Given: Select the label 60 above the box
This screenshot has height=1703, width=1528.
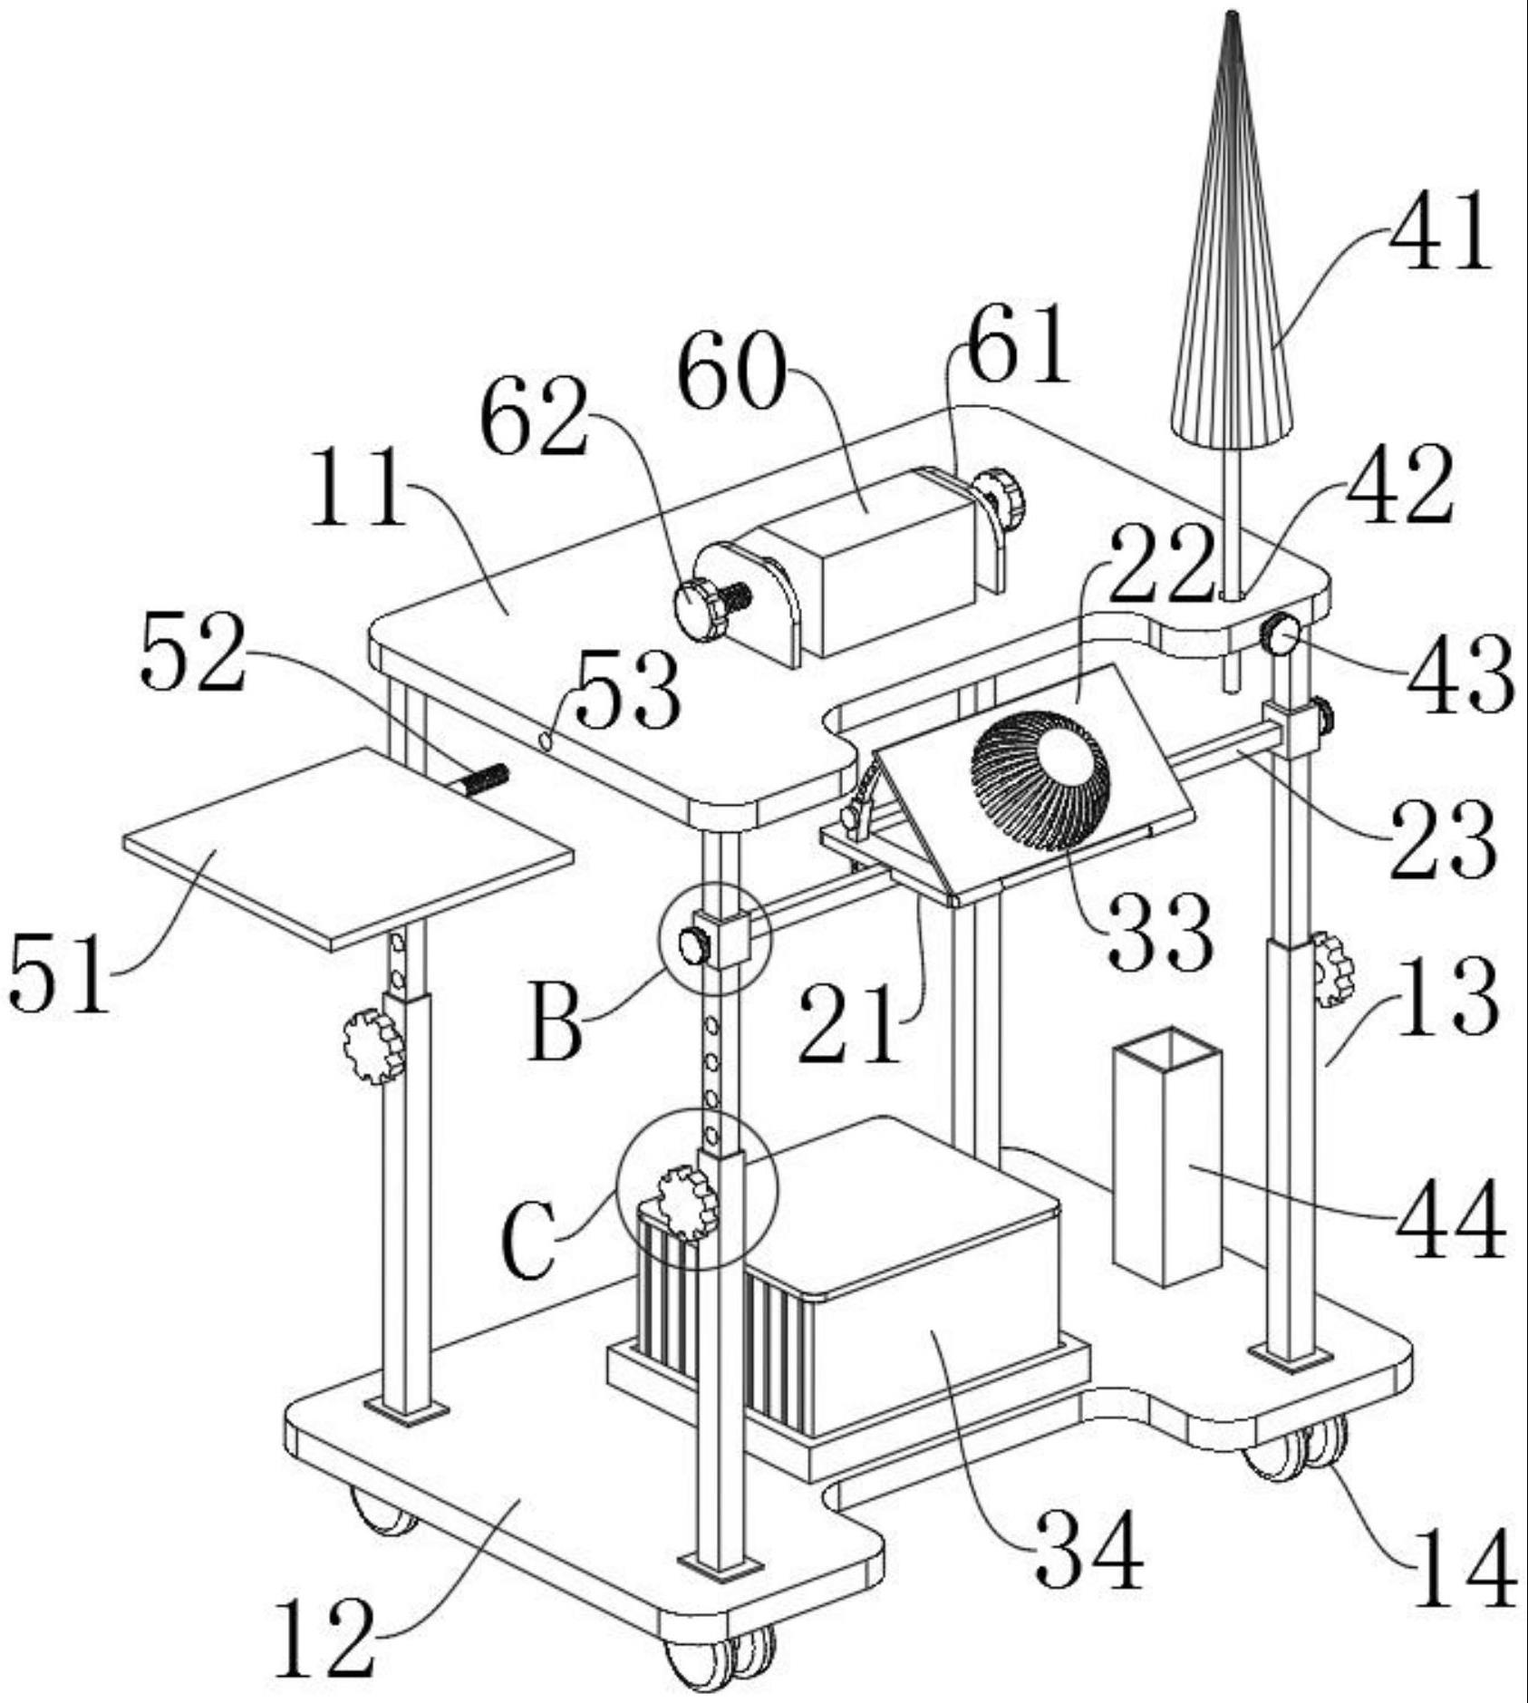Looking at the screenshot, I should click(730, 373).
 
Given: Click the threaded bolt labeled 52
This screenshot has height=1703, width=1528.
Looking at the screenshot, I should click(484, 779).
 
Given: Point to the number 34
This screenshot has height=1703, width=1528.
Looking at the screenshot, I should click(1088, 1551).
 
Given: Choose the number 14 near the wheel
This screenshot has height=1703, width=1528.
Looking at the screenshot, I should click(1464, 1569).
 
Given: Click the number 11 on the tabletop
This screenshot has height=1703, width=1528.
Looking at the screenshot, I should click(357, 490).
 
